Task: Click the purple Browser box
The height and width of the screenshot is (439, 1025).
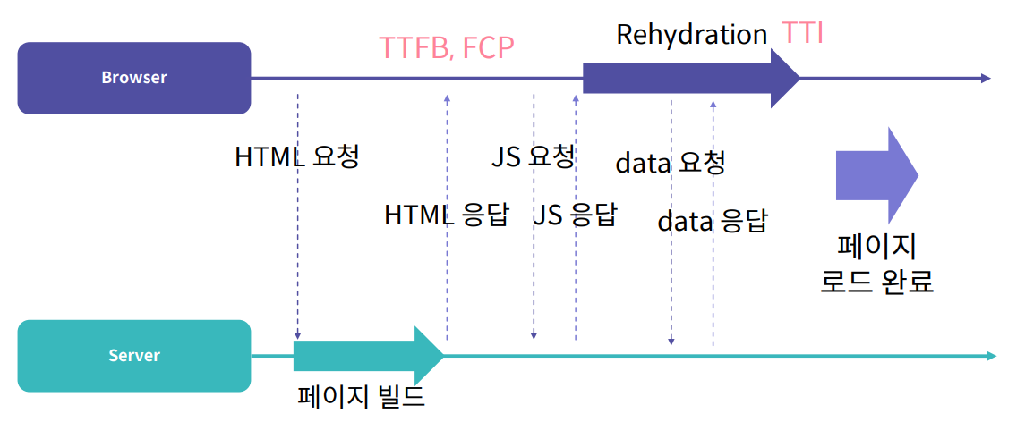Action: pos(134,78)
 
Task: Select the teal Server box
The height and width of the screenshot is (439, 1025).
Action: pos(134,356)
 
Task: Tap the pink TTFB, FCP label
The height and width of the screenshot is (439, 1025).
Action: pos(447,46)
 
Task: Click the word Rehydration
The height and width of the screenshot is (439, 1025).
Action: pos(691,35)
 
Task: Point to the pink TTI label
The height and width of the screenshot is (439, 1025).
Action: pos(802,34)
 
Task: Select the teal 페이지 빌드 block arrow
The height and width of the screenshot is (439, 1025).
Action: pos(367,355)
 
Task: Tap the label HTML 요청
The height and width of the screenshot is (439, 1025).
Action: pos(296,156)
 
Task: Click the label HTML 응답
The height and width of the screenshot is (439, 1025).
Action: pos(446,215)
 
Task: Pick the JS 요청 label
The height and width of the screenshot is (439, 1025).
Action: pos(533,156)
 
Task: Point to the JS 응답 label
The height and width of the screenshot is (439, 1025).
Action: pos(575,215)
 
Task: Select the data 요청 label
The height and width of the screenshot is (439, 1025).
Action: pos(670,163)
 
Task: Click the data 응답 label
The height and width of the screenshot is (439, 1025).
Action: pos(712,221)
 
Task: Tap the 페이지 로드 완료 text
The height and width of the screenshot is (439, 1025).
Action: pos(876,264)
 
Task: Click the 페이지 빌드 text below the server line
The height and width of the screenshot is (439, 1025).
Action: pos(361,396)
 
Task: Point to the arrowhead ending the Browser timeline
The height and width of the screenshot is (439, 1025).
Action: pos(986,79)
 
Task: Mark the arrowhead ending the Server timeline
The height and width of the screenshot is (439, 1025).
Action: pos(991,356)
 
